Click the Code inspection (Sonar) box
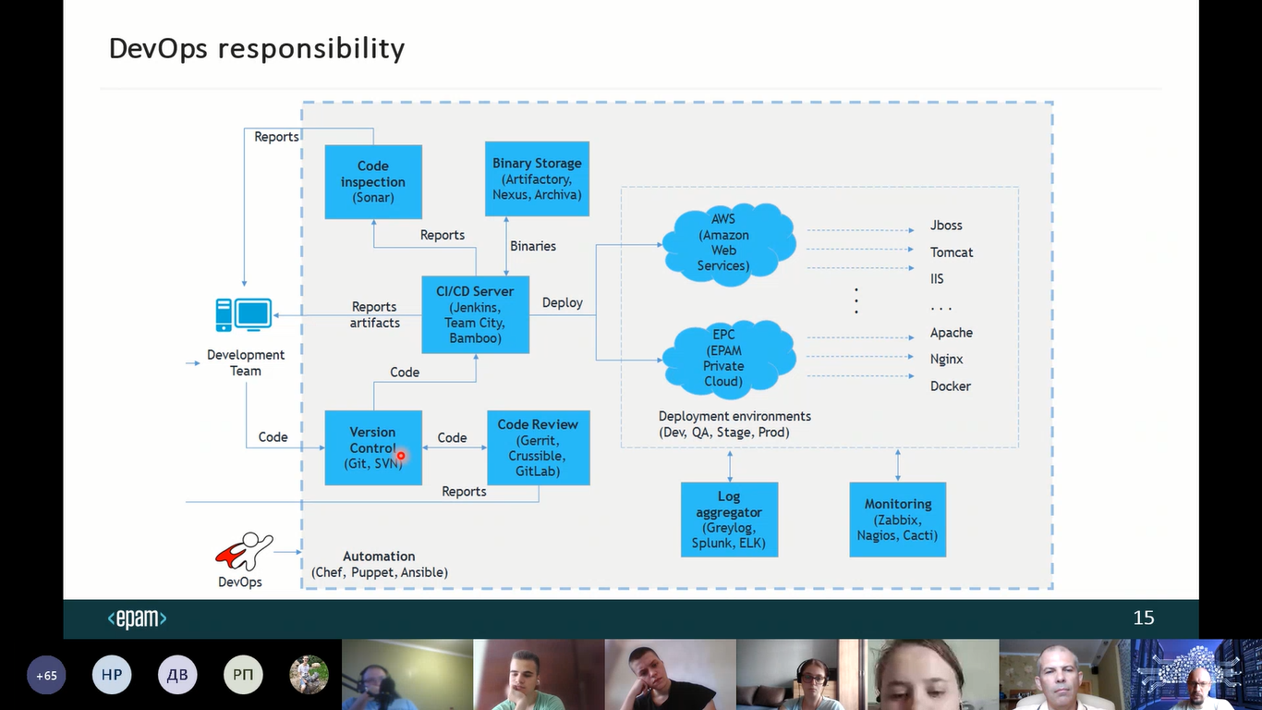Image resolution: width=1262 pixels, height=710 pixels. coord(373,182)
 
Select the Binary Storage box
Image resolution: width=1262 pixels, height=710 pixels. coord(537,179)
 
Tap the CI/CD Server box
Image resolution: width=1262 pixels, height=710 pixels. coord(475,314)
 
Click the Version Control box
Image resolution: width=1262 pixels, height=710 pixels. coord(372,447)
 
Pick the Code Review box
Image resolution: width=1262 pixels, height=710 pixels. coord(538,447)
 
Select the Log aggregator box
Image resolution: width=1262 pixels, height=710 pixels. coord(729,520)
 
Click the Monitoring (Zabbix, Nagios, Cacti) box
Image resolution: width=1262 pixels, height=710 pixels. coord(897,520)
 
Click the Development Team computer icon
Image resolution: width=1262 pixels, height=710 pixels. coord(244,315)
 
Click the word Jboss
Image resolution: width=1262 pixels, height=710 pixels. coord(946,226)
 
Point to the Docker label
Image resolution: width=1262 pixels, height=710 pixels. coord(950,386)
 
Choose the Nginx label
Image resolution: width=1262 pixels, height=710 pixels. coord(947,360)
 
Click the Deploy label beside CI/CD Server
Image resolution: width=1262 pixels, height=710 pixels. coord(562,303)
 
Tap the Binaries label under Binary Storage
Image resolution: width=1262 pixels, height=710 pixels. coord(533,246)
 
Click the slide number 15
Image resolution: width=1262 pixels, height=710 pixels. coord(1144,618)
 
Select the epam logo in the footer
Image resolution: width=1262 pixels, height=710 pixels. coord(137,618)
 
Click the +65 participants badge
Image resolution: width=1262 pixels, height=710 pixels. coord(46,676)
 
